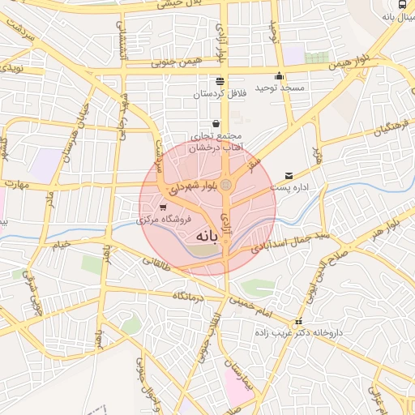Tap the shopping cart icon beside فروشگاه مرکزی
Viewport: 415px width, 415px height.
(164, 207)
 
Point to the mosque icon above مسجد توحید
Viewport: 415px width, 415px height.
(279, 76)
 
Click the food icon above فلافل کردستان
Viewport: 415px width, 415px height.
(220, 81)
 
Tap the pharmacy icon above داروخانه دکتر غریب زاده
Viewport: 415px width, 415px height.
(299, 321)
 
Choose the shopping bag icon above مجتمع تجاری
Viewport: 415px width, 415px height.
(216, 124)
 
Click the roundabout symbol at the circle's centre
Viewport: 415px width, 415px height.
(226, 186)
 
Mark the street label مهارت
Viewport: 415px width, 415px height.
(15, 184)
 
